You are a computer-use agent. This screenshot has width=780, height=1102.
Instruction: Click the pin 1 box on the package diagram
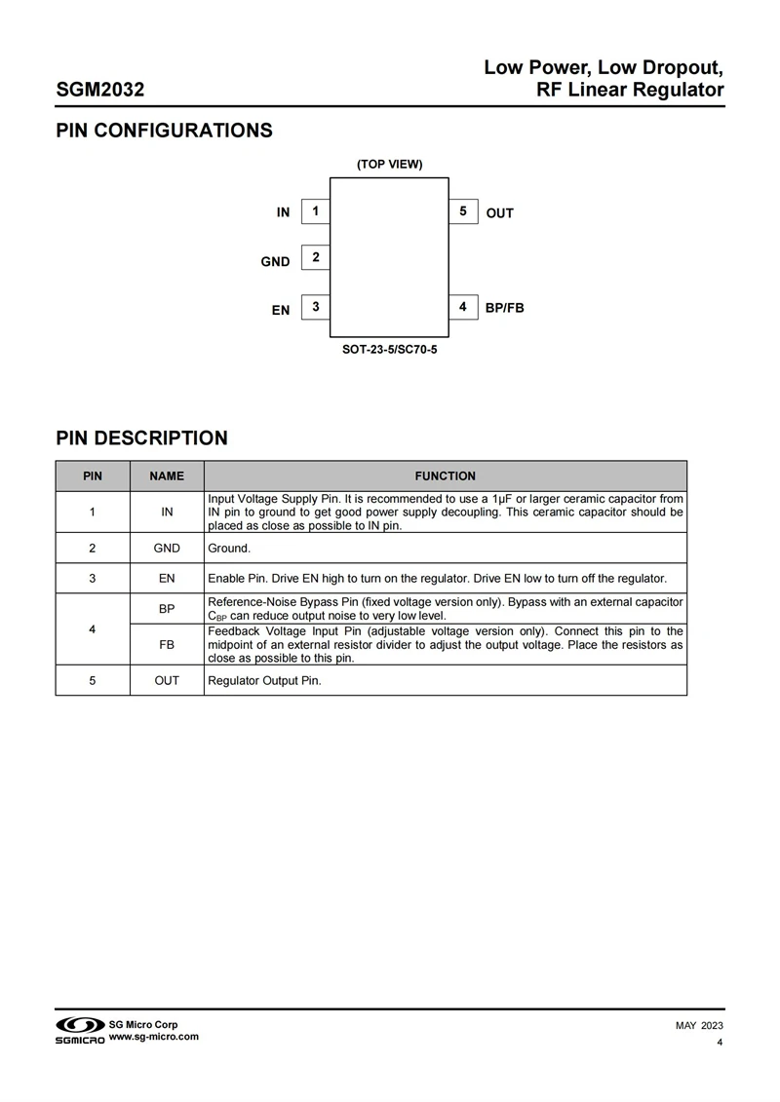[316, 211]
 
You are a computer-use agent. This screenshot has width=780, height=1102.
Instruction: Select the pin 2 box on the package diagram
[316, 258]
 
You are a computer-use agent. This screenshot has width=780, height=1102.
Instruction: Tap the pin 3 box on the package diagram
[316, 307]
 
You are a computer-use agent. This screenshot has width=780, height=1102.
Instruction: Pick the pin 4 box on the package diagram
[463, 307]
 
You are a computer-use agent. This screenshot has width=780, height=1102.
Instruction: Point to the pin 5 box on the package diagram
[463, 211]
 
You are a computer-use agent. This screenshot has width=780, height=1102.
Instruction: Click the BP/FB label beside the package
[505, 308]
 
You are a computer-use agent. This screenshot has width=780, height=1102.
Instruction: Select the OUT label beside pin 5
[499, 213]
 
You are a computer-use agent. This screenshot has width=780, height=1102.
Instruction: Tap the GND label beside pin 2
[275, 261]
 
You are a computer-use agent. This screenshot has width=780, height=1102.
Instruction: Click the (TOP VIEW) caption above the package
[389, 164]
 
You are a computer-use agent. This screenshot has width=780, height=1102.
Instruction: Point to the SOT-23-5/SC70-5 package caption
[389, 348]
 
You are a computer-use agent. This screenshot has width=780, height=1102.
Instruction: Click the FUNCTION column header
[445, 476]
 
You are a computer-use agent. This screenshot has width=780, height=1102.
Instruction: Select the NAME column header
[167, 476]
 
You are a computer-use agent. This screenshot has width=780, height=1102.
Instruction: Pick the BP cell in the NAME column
[167, 608]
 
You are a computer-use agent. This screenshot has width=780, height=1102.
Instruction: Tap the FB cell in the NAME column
[167, 644]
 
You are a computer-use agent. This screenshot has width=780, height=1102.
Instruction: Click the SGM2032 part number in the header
[100, 90]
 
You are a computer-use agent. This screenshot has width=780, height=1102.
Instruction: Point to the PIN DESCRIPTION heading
[141, 438]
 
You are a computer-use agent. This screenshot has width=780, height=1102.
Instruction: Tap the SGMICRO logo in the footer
[79, 1031]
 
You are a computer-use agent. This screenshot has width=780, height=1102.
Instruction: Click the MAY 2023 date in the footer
[699, 1026]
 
